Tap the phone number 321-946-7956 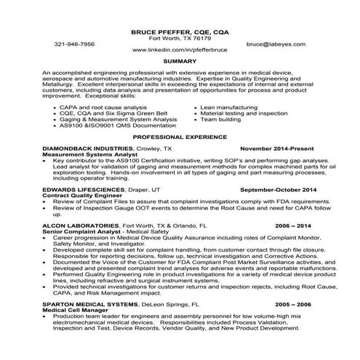point(74,44)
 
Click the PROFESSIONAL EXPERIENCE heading point(180,137)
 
